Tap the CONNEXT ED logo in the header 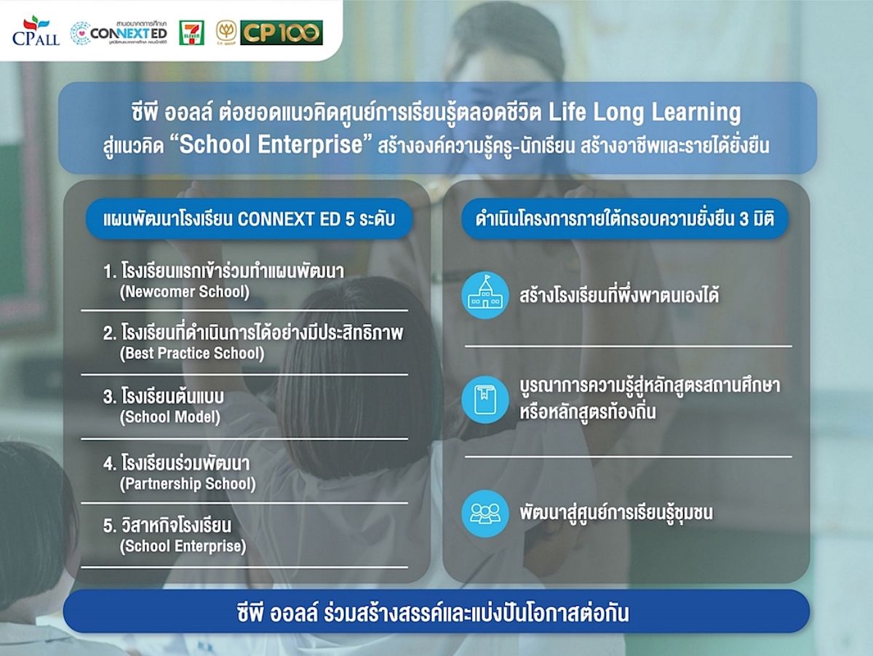pyautogui.click(x=119, y=33)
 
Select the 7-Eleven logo pyautogui.click(x=191, y=33)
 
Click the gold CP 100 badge pyautogui.click(x=282, y=33)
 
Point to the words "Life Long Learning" pyautogui.click(x=645, y=112)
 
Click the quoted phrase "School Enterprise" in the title pyautogui.click(x=271, y=144)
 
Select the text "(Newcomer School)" pyautogui.click(x=185, y=292)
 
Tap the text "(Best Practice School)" pyautogui.click(x=192, y=353)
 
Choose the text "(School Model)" pyautogui.click(x=170, y=416)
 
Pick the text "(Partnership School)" pyautogui.click(x=188, y=483)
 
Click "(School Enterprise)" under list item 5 pyautogui.click(x=183, y=546)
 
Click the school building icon pyautogui.click(x=485, y=296)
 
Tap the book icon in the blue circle pyautogui.click(x=485, y=399)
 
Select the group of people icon pyautogui.click(x=485, y=513)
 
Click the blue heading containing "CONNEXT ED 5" pyautogui.click(x=249, y=219)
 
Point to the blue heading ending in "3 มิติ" pyautogui.click(x=625, y=219)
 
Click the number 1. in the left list pyautogui.click(x=110, y=272)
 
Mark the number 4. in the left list pyautogui.click(x=110, y=464)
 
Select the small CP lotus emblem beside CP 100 pyautogui.click(x=226, y=33)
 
